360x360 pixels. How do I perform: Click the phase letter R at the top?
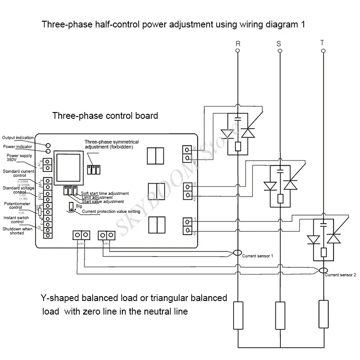pos(238,44)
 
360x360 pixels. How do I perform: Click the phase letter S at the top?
pos(279,44)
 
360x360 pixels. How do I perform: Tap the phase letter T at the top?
pos(322,43)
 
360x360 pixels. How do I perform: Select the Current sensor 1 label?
pos(257,256)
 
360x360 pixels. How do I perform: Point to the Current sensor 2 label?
pos(340,274)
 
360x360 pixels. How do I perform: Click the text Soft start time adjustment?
pos(104,193)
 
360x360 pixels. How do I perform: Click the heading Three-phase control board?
pos(105,116)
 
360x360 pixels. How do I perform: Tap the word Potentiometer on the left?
pos(16,203)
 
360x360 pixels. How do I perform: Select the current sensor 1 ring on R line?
pos(238,253)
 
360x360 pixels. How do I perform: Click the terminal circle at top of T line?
pos(322,51)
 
